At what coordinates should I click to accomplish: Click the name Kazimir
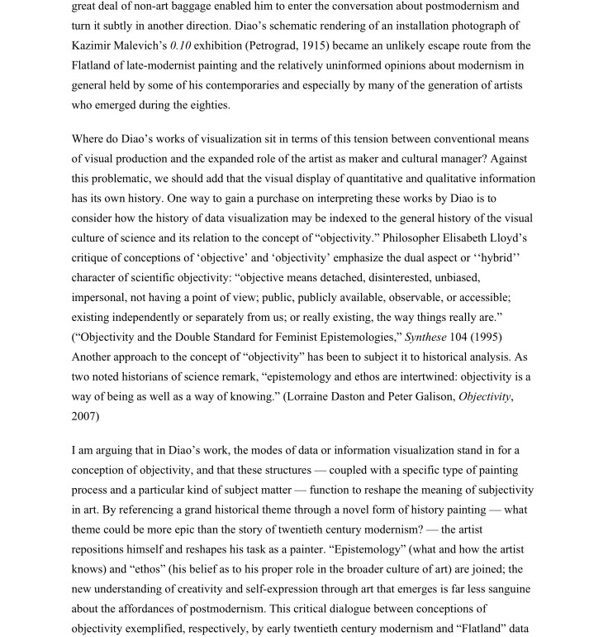click(x=120, y=45)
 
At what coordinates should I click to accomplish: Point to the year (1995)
click(x=505, y=338)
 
